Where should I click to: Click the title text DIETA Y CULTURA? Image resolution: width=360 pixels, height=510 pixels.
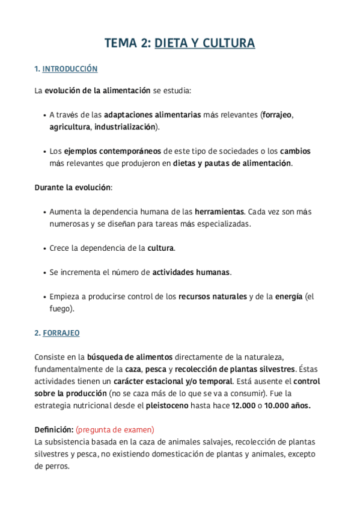click(x=204, y=43)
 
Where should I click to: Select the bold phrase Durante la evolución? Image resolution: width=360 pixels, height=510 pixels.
click(x=73, y=187)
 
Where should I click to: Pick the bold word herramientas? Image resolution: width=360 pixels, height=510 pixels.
click(x=219, y=212)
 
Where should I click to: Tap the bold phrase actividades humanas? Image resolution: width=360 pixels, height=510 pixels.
click(x=191, y=272)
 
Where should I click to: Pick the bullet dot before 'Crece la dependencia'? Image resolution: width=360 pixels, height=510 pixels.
click(x=45, y=248)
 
